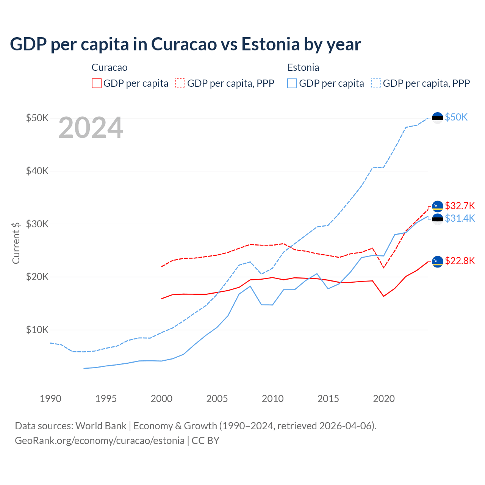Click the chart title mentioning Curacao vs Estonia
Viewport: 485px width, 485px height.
pyautogui.click(x=185, y=44)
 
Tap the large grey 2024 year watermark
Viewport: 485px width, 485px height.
pyautogui.click(x=91, y=128)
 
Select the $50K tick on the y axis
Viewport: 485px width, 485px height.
pyautogui.click(x=37, y=118)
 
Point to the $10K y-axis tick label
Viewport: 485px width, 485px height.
pyautogui.click(x=37, y=330)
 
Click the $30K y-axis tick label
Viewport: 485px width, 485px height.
pyautogui.click(x=37, y=224)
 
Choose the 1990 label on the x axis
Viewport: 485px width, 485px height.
pyautogui.click(x=50, y=399)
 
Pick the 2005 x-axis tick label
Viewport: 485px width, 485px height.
pyautogui.click(x=217, y=399)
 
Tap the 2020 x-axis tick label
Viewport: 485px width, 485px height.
pyautogui.click(x=384, y=399)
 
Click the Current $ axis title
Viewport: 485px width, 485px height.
pyautogui.click(x=16, y=243)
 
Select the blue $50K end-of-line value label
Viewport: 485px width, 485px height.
pyautogui.click(x=456, y=117)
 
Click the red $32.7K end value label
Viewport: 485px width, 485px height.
pyautogui.click(x=460, y=206)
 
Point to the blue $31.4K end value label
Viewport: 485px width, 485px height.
pyautogui.click(x=460, y=218)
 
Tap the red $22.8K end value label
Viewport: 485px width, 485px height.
pyautogui.click(x=460, y=261)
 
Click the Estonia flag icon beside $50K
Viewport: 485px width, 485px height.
pyautogui.click(x=438, y=118)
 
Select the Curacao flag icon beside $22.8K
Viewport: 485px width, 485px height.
pyautogui.click(x=438, y=261)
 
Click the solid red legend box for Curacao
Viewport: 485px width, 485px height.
pyautogui.click(x=97, y=83)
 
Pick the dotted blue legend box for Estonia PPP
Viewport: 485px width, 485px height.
pyautogui.click(x=376, y=83)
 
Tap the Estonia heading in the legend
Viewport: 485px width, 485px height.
pyautogui.click(x=303, y=67)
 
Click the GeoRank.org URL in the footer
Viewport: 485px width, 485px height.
pyautogui.click(x=100, y=441)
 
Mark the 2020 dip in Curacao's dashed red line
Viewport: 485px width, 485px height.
pyautogui.click(x=384, y=268)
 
